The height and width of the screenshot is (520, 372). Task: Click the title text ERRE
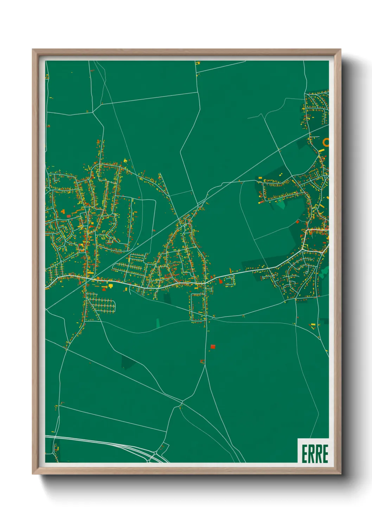click(x=315, y=454)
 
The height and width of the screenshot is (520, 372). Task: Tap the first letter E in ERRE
click(x=304, y=454)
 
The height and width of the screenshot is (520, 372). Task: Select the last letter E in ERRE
click(x=325, y=454)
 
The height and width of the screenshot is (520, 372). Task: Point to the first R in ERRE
click(x=311, y=454)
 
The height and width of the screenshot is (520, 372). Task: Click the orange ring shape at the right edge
click(x=326, y=142)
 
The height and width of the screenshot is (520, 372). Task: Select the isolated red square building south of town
click(x=212, y=346)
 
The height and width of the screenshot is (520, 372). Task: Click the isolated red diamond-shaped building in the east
click(x=297, y=222)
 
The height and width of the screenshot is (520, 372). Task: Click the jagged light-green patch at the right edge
click(x=324, y=271)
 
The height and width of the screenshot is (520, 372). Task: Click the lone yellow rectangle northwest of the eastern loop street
click(x=261, y=178)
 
